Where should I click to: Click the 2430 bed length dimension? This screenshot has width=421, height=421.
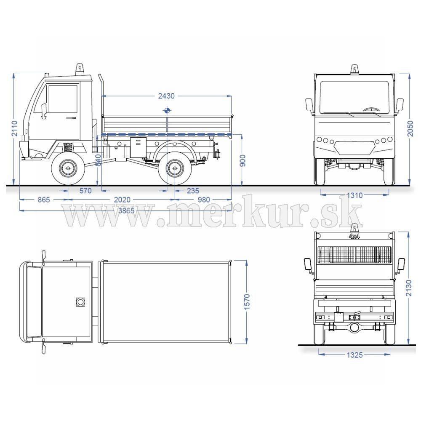[166, 96]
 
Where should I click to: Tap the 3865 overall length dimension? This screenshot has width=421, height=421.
[126, 210]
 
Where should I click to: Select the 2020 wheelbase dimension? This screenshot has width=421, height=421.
[122, 200]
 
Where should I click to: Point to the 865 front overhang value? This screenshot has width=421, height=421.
[44, 200]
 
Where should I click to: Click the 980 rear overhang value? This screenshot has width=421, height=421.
[204, 200]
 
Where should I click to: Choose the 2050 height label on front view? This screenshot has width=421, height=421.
[410, 128]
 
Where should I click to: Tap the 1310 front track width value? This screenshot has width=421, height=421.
[354, 195]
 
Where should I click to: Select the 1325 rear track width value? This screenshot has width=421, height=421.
[354, 355]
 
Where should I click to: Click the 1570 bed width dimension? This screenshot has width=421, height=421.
[247, 301]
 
